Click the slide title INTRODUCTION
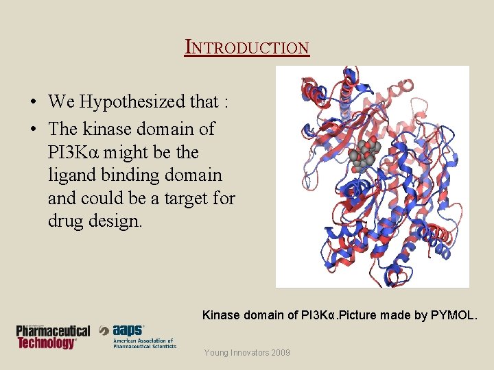tap(248, 47)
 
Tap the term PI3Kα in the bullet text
tap(73, 152)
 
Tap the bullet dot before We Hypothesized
tap(34, 103)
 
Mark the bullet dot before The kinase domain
tap(34, 129)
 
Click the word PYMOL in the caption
tap(456, 315)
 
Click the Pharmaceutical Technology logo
tap(54, 336)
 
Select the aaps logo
tap(137, 336)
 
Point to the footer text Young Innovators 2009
tap(247, 353)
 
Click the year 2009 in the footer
tap(280, 353)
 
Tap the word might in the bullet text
tap(126, 152)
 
